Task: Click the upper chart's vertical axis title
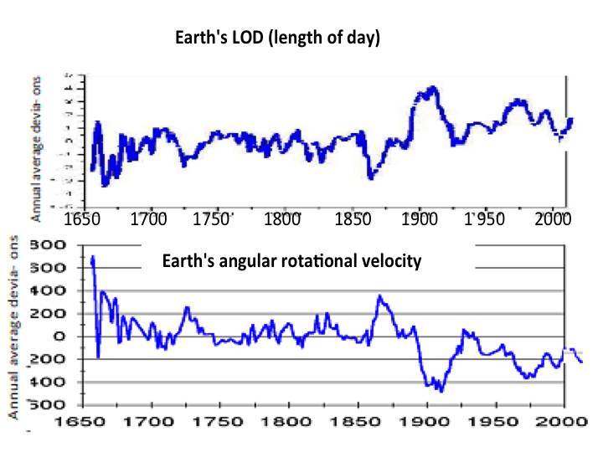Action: (x=37, y=146)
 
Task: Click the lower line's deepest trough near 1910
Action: (x=440, y=390)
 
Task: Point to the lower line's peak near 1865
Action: (x=379, y=295)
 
